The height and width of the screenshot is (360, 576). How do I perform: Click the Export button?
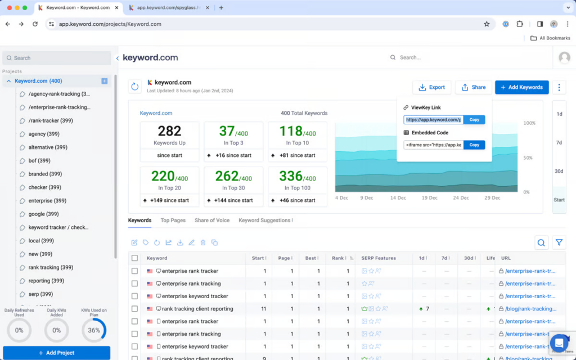point(431,87)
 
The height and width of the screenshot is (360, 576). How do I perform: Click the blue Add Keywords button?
point(521,87)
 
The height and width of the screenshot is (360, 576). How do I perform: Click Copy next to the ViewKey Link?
point(474,120)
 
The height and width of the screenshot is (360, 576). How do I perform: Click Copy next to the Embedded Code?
point(474,145)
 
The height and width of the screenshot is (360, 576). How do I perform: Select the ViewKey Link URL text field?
point(433,120)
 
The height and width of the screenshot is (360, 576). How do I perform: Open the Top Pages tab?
point(173,220)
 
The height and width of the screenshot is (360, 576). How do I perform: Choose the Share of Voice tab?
point(212,220)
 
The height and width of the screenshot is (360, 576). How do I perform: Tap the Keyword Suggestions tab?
point(265,220)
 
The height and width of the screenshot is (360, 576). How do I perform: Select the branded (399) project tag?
point(45,174)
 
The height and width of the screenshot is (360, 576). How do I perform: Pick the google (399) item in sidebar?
point(43,214)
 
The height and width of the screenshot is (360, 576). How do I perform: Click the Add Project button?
point(56,353)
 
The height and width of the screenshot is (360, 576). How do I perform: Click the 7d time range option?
point(559,143)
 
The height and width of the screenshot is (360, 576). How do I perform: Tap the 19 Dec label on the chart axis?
point(430,198)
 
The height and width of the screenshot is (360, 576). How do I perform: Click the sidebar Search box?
point(56,58)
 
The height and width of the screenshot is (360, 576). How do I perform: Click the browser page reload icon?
point(35,24)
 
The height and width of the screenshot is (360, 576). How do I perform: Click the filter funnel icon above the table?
point(559,242)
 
